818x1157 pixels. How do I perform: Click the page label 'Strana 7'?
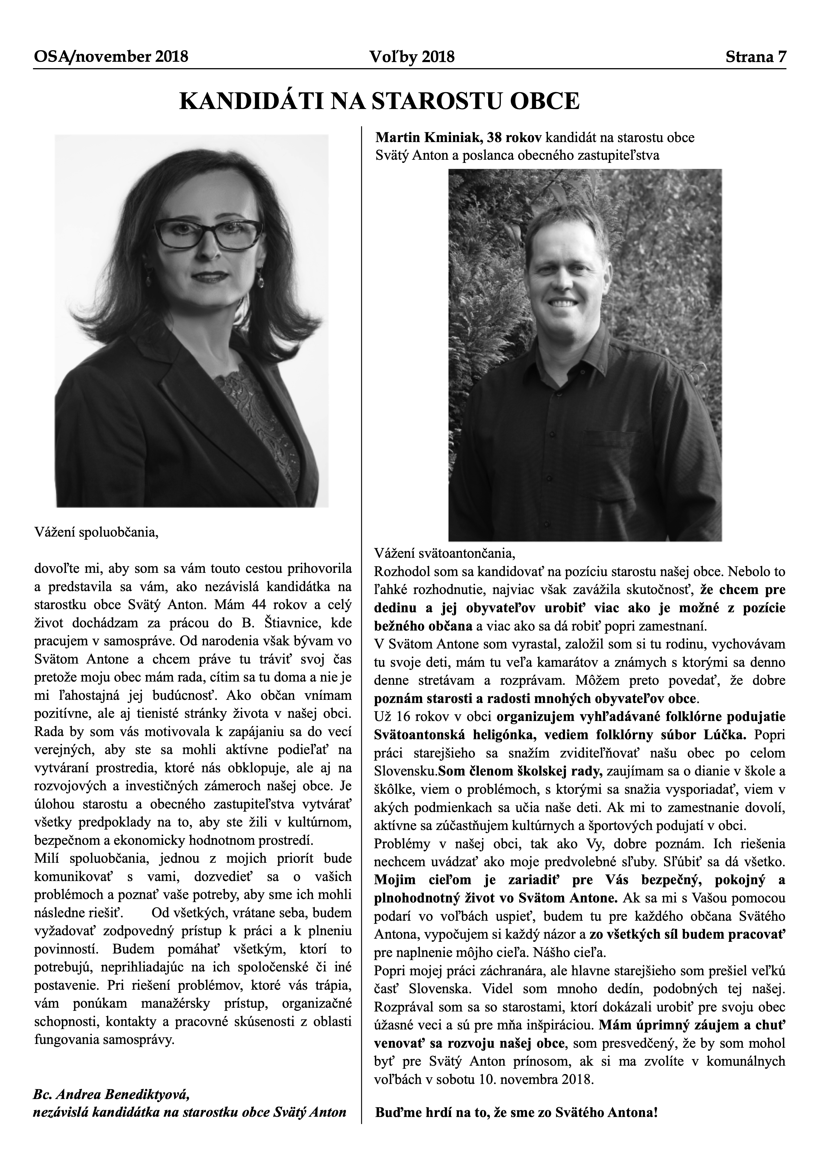755,57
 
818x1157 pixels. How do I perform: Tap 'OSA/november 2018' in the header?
111,57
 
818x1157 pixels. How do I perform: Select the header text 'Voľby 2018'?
412,57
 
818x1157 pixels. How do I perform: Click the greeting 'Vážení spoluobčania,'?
96,532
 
